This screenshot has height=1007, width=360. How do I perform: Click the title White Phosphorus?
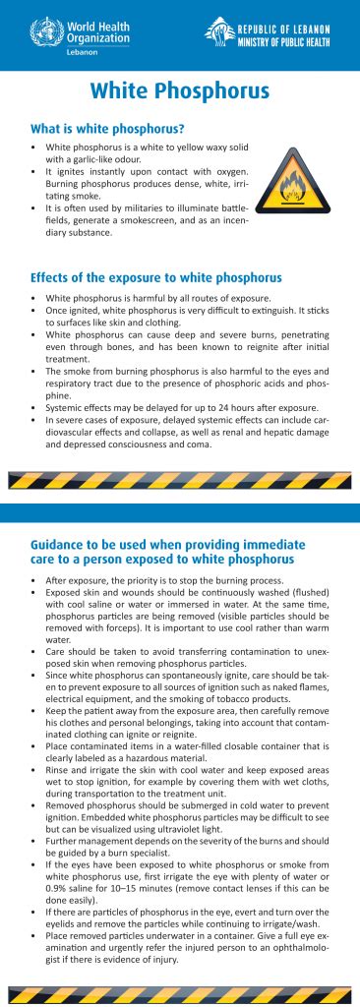point(180,91)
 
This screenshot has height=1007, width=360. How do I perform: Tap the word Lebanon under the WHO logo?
point(90,49)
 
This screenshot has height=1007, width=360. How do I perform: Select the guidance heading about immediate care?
point(168,551)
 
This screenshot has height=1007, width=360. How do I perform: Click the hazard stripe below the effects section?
point(180,481)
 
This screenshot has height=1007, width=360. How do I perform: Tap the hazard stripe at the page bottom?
point(180,992)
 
